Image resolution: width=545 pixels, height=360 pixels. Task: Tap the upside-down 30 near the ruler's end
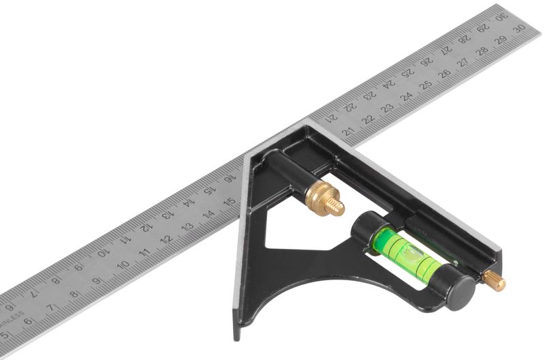502,16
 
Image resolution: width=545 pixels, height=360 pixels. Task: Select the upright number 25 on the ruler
426,85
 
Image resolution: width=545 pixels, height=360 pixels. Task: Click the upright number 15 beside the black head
230,201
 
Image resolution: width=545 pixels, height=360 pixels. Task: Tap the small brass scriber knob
495,280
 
